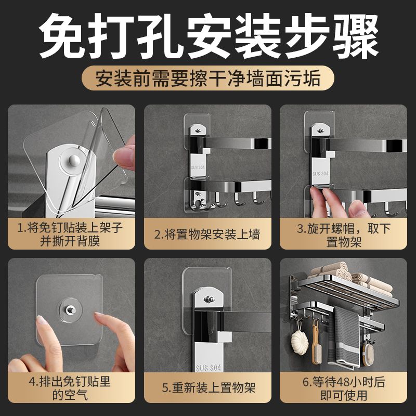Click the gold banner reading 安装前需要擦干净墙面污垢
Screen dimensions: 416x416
tap(207, 78)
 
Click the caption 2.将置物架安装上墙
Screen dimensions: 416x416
tap(207, 235)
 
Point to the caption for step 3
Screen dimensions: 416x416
tap(344, 235)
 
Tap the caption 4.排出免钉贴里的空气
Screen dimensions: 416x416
tap(70, 388)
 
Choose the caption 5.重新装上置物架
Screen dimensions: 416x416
tap(209, 387)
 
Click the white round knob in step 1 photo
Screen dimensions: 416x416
tap(74, 160)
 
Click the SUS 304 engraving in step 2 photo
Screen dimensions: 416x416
tap(198, 167)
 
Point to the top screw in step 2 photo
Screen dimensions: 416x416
tap(198, 131)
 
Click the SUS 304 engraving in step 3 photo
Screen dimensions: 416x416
tap(320, 174)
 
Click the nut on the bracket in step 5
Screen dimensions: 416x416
tap(210, 300)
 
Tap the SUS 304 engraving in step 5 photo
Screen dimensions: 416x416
tap(209, 368)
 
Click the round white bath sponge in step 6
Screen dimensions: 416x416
tap(300, 341)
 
